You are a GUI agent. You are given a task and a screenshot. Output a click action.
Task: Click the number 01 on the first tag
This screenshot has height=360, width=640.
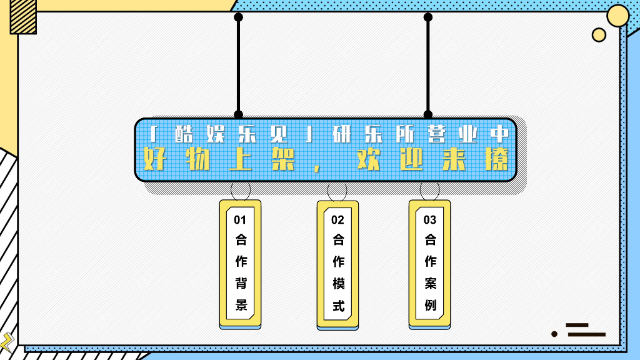coord(240,220)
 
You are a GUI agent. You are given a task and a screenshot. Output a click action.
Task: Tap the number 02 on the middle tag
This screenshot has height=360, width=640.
coord(337,220)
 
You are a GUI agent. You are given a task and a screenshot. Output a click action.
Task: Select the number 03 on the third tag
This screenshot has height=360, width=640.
coord(430,220)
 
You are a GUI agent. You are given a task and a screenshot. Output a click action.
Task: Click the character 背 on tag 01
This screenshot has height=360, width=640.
coord(241,283)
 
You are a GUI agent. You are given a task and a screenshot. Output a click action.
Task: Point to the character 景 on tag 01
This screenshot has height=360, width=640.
coord(241,305)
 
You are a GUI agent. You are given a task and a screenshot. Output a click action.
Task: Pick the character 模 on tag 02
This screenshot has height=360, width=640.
coord(338,283)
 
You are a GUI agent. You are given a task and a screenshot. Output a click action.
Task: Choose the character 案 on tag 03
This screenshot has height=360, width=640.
coord(430,283)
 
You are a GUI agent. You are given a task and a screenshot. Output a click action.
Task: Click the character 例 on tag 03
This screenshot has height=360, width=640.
coord(430,305)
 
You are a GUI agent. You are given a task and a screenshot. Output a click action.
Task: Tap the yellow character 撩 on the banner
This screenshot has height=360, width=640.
coord(498,160)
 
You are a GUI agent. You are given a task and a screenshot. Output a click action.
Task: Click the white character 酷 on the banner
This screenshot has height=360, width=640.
coord(185,134)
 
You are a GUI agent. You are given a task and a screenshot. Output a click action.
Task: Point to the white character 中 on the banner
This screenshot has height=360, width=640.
coord(498,134)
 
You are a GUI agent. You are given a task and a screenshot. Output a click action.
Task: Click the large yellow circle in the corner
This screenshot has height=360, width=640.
coord(618,16)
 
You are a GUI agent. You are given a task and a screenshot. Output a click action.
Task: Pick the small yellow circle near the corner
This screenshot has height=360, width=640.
coord(599,35)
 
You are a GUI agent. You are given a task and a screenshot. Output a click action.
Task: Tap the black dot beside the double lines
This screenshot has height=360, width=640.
coord(554,334)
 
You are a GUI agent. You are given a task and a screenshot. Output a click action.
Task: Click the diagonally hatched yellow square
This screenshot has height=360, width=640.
coord(23,16)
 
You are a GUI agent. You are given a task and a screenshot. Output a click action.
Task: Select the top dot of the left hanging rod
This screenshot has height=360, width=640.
coord(238,17)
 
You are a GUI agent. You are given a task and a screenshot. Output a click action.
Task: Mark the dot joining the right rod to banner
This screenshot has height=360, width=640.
coord(428,114)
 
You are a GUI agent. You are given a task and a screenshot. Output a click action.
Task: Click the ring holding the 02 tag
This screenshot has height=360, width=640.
coord(337,190)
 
